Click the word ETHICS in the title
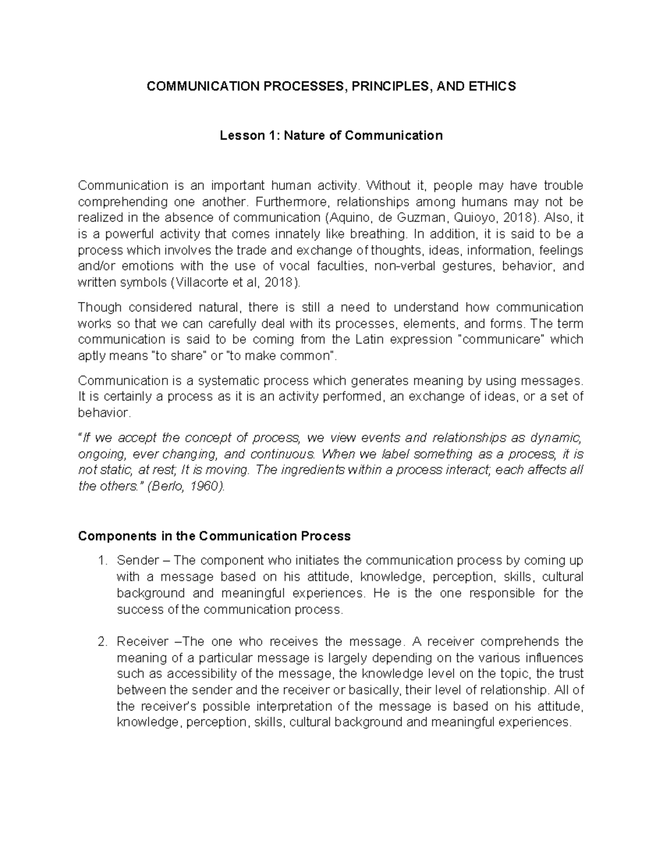492,86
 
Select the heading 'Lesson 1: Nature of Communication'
331,136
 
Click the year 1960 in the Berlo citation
206,487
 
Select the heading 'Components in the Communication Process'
214,536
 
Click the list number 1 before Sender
101,561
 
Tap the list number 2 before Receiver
101,642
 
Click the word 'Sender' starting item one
135,561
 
